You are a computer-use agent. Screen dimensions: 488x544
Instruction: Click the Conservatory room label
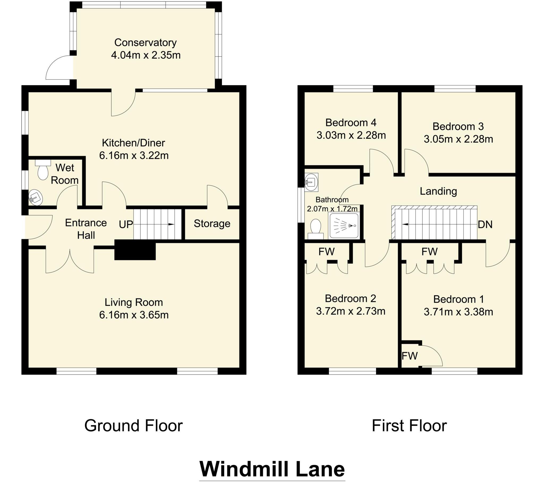145,42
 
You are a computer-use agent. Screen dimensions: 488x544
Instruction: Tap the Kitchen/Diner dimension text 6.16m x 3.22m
134,155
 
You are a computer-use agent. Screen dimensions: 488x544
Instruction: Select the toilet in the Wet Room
43,172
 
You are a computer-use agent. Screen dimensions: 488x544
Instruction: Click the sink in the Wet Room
36,198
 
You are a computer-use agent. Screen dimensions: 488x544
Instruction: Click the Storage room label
212,223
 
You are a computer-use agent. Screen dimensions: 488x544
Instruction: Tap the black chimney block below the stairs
135,250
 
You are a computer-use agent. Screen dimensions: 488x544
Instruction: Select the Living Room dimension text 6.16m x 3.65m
134,315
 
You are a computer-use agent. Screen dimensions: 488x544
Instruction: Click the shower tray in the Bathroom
344,226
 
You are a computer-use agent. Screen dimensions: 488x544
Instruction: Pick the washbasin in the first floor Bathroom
312,182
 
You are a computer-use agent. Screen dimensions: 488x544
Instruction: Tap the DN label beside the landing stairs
485,224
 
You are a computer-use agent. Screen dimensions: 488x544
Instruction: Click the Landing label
438,191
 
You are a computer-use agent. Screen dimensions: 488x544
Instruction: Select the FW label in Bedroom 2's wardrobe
326,251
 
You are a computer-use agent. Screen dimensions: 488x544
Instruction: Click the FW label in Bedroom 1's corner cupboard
410,356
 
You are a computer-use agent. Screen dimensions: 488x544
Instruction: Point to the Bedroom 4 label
351,123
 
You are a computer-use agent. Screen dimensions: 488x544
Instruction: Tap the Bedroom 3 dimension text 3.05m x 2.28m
458,139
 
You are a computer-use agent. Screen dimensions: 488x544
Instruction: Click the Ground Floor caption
133,425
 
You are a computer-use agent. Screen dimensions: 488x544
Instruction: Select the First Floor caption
409,425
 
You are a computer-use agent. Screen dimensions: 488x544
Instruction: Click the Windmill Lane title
272,469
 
